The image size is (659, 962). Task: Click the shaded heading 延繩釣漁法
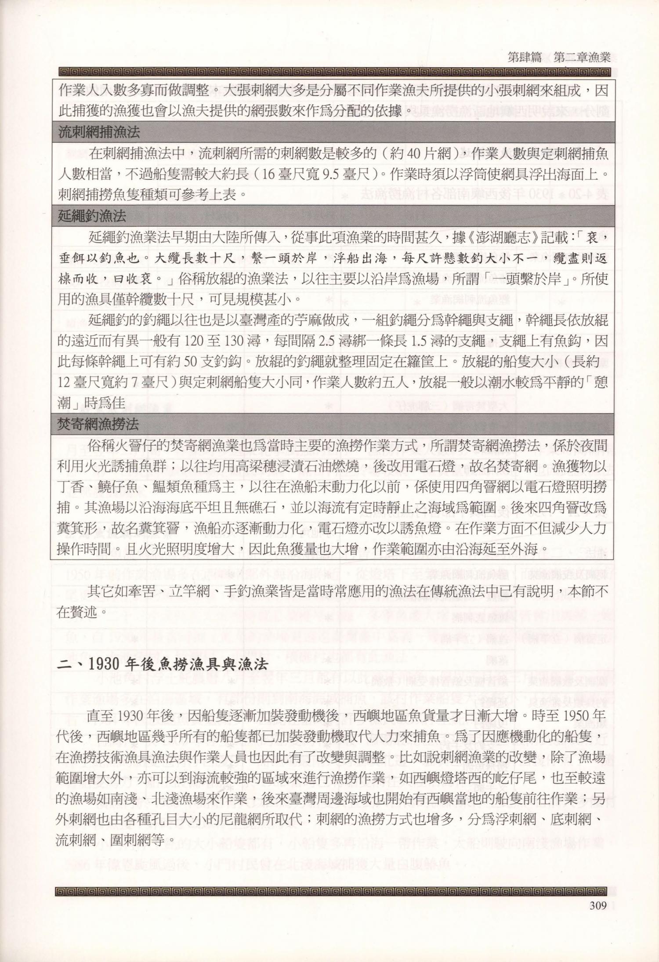pyautogui.click(x=92, y=215)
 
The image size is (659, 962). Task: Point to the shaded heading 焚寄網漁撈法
pyautogui.click(x=98, y=424)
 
